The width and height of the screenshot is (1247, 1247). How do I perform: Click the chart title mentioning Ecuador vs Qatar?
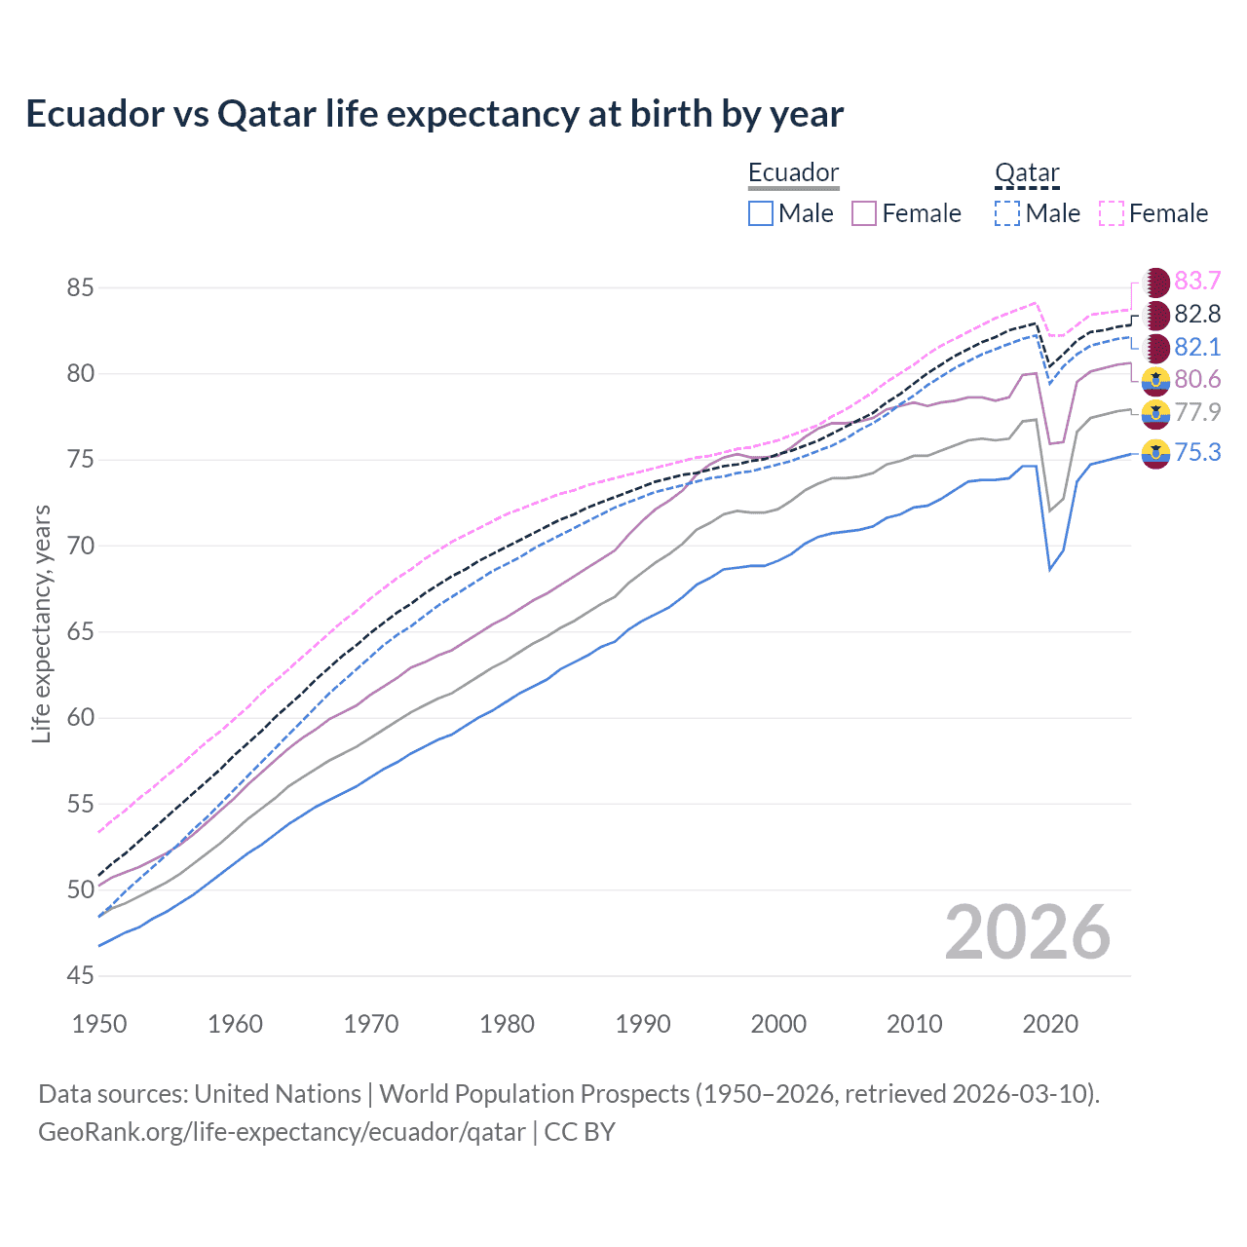(x=435, y=114)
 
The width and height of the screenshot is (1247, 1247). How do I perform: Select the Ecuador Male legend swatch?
(x=761, y=213)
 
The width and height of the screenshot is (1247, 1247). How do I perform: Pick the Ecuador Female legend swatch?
(x=864, y=213)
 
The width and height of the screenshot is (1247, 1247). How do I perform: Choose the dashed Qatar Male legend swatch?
(x=1007, y=213)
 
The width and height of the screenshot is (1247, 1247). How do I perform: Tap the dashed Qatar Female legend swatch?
(x=1112, y=213)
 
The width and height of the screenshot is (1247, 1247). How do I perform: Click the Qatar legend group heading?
(x=1027, y=172)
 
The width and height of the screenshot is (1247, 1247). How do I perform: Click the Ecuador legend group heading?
(x=793, y=172)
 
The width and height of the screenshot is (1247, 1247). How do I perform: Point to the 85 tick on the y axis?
(x=81, y=288)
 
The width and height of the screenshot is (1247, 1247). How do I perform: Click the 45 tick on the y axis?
(x=81, y=975)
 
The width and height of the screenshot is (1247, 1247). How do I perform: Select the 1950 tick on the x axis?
(x=99, y=1024)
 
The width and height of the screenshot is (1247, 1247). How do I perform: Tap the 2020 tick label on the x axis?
(x=1050, y=1024)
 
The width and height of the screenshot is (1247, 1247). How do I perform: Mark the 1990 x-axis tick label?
(x=643, y=1024)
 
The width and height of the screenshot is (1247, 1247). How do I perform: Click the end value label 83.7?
(x=1197, y=282)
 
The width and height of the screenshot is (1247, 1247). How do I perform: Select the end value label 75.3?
(x=1197, y=452)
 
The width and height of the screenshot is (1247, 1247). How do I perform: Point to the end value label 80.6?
(x=1197, y=380)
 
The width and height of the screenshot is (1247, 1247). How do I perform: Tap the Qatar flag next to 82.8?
(x=1155, y=315)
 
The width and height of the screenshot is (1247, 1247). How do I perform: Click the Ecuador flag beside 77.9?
(x=1155, y=413)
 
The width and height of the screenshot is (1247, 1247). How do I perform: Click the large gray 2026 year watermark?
(x=1028, y=932)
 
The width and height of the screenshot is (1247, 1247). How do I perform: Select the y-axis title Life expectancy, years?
(x=41, y=623)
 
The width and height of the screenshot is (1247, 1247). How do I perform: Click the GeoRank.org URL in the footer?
(x=282, y=1132)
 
